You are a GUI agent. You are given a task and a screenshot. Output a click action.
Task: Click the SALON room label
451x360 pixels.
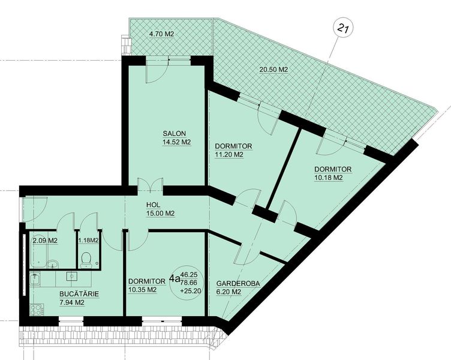coord(175,134)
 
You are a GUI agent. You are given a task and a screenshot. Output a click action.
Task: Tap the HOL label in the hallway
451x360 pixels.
coord(154,205)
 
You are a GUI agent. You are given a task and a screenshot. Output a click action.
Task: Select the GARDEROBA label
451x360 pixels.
coord(238,283)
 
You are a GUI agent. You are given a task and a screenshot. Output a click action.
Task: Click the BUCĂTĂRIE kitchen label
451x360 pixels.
coord(79,294)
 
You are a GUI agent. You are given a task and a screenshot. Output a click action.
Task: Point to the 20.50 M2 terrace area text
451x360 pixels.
coord(273,70)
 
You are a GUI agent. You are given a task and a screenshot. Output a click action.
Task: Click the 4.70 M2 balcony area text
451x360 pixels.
coord(161,34)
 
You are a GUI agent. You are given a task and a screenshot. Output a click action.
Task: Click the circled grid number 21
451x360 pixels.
coord(343,28)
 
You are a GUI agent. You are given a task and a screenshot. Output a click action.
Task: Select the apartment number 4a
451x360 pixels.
coord(175,278)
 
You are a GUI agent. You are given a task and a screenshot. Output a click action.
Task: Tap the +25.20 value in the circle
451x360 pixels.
coord(190,291)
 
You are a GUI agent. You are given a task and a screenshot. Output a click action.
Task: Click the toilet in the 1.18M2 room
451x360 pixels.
coord(86,259)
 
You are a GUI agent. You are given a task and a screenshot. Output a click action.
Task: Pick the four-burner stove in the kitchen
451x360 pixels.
coord(37,310)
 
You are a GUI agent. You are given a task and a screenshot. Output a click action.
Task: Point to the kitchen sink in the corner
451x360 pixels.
coord(35,278)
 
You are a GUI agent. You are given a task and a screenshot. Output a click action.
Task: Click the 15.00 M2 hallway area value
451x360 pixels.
coord(161,214)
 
